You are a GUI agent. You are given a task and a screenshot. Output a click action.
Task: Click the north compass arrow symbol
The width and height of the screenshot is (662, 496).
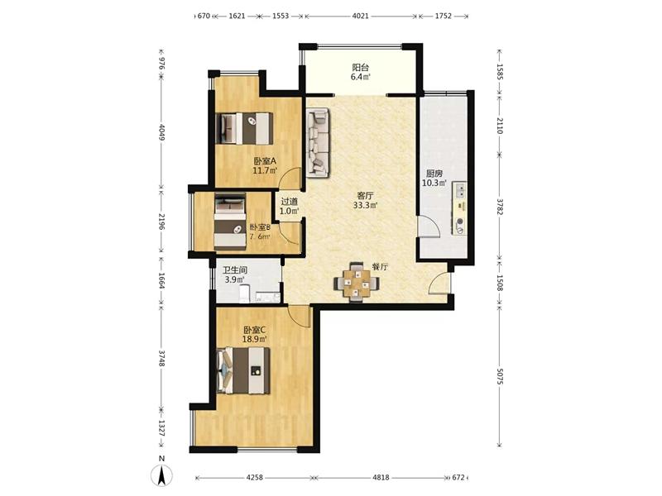point(162,476)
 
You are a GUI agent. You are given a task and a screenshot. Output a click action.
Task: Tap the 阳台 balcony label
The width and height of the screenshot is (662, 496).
point(360,67)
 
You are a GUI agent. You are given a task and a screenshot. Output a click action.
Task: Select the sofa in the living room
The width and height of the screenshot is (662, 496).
point(318,142)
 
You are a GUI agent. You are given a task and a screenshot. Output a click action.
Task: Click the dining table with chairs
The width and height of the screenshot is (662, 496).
point(357,282)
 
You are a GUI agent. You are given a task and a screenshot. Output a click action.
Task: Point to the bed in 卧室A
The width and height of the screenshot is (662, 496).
point(244,128)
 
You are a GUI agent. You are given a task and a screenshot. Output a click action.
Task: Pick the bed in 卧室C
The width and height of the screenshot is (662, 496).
point(243,370)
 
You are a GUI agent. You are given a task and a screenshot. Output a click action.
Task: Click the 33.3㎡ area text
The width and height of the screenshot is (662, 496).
point(365,205)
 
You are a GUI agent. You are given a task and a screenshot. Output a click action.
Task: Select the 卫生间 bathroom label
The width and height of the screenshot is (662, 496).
point(235,270)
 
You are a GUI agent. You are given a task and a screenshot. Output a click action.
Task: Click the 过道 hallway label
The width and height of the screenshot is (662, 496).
point(289,202)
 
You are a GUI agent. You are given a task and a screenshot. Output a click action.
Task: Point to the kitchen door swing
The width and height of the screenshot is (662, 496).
point(429,226)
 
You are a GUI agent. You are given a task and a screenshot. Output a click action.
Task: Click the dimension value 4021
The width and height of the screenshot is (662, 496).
point(360,16)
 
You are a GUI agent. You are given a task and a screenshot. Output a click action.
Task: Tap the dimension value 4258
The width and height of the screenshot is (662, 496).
point(254,478)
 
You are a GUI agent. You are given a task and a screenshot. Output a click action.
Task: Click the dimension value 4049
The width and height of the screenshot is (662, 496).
point(161,131)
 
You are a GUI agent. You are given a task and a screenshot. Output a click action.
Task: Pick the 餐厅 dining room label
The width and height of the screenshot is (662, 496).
point(380,267)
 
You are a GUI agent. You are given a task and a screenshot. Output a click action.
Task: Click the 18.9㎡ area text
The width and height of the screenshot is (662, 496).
point(255,339)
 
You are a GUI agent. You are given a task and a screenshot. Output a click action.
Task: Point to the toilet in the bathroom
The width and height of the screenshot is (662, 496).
point(244,294)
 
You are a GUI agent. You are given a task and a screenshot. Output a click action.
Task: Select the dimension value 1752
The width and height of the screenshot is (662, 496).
point(443,16)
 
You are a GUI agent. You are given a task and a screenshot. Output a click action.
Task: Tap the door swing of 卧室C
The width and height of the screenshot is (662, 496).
point(299,316)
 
